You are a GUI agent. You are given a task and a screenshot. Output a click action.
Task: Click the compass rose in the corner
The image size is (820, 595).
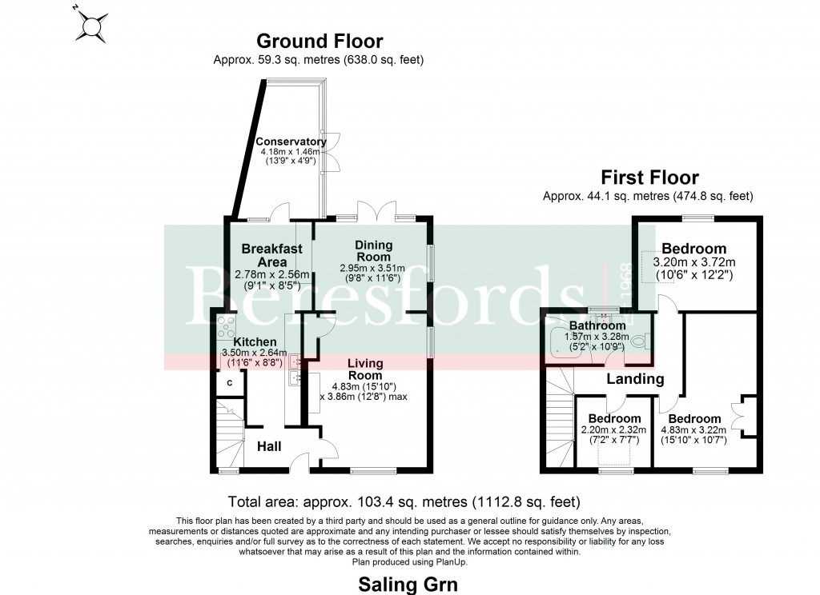pyautogui.click(x=91, y=25)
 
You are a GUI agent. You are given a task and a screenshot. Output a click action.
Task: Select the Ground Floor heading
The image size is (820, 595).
pyautogui.click(x=319, y=41)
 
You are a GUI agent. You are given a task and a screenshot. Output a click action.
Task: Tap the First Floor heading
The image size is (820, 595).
pyautogui.click(x=649, y=178)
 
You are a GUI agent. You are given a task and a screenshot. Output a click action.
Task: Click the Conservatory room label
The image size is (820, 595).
pyautogui.click(x=291, y=142)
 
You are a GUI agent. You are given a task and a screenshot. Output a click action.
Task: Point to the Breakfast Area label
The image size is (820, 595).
pyautogui.click(x=272, y=255)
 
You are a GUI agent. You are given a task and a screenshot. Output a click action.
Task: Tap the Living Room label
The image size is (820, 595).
pyautogui.click(x=364, y=369)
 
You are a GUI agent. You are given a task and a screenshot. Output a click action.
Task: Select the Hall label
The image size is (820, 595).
pyautogui.click(x=268, y=446)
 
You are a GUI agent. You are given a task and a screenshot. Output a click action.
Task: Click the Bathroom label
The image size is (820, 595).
pyautogui.click(x=597, y=325)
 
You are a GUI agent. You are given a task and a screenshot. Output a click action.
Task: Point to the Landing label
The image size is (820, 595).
pyautogui.click(x=635, y=379)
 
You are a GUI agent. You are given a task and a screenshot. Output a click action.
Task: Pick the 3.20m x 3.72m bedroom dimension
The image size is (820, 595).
pyautogui.click(x=693, y=262)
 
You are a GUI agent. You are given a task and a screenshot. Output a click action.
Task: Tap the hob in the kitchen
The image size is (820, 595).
pyautogui.click(x=225, y=326)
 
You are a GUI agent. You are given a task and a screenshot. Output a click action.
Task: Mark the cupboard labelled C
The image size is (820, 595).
pyautogui.click(x=230, y=383)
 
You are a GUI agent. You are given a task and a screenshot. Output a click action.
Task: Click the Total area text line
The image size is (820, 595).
pyautogui.click(x=404, y=502)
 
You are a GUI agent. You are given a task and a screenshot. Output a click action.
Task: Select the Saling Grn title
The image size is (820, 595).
pyautogui.click(x=408, y=584)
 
